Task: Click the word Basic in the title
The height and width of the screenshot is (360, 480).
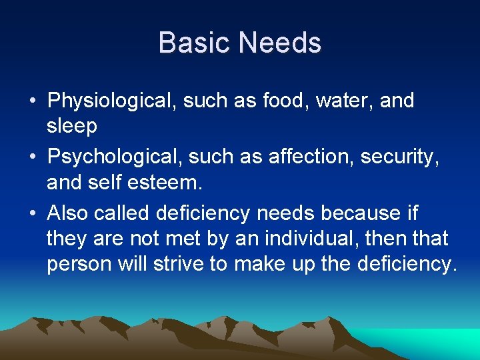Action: tap(195, 43)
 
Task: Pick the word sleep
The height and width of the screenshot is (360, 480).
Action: tap(72, 126)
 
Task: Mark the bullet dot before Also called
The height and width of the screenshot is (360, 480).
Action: tap(32, 214)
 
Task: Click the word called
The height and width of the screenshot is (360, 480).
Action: tap(122, 213)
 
